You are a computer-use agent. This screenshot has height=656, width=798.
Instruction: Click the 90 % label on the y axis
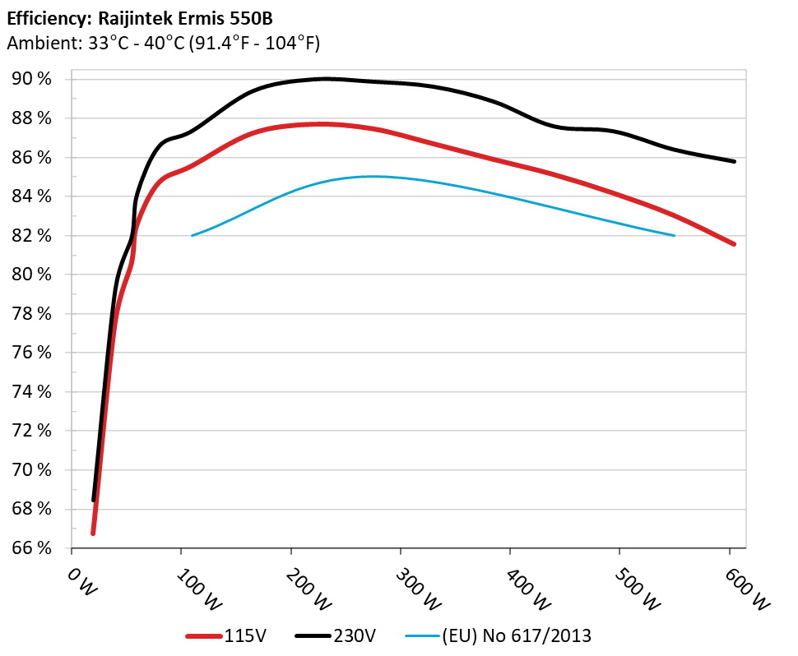point(31,79)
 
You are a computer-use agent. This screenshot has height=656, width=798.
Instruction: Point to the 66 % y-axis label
point(31,548)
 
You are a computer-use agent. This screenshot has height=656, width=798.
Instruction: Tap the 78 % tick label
point(31,314)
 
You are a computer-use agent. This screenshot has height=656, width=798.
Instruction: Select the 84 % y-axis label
point(31,196)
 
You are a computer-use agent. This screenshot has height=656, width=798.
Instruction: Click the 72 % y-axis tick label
point(31,431)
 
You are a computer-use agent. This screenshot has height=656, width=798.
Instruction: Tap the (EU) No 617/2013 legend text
point(517,635)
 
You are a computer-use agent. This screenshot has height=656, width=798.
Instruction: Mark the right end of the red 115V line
point(734,244)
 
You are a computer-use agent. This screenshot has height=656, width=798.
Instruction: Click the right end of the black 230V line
point(734,161)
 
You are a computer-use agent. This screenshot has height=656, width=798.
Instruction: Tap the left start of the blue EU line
point(193,236)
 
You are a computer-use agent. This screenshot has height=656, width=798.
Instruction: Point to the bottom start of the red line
point(93,533)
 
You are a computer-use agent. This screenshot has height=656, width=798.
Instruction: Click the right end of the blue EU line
point(675,236)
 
